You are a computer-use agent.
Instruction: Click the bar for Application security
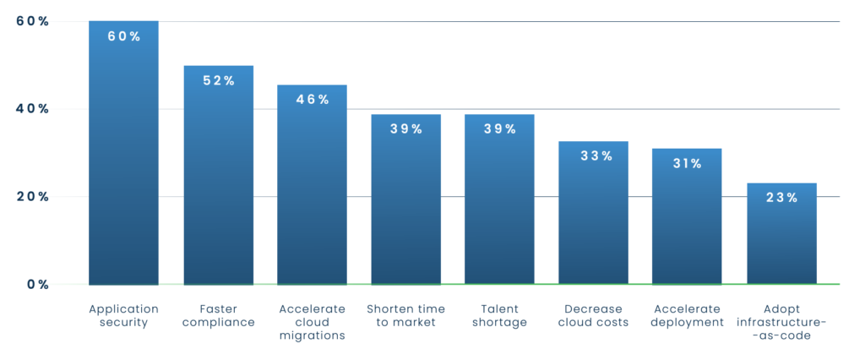[x=123, y=161]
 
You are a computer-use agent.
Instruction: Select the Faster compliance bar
[x=218, y=182]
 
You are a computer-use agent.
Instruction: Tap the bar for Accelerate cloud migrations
[x=312, y=190]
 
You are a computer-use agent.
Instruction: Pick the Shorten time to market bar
[x=406, y=207]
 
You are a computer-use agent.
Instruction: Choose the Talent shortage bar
[x=499, y=207]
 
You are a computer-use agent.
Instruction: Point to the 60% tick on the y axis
[x=32, y=21]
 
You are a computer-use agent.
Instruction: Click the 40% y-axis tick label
[x=32, y=109]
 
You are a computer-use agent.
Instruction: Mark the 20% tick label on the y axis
[x=32, y=197]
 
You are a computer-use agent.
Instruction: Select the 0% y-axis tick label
[x=36, y=285]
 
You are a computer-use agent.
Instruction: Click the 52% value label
[x=218, y=80]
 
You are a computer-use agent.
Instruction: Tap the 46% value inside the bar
[x=312, y=100]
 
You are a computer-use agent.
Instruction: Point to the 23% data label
[x=781, y=198]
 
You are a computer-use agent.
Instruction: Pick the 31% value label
[x=687, y=163]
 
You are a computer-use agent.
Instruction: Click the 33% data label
[x=593, y=155]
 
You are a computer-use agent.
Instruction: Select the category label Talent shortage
[x=499, y=315]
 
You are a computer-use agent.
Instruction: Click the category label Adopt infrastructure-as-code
[x=781, y=322]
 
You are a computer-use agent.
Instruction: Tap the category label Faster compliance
[x=218, y=315]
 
